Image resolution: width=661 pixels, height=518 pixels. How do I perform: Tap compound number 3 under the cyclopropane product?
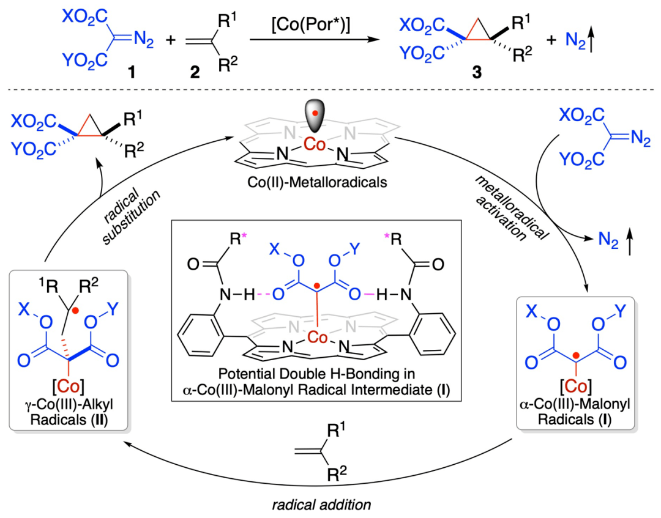(x=472, y=73)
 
